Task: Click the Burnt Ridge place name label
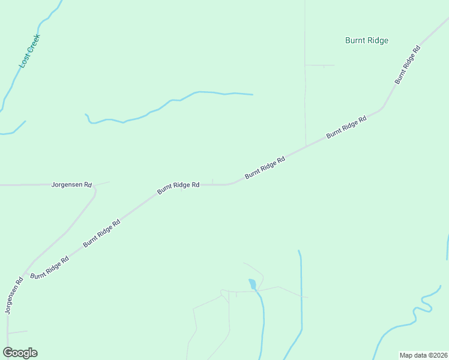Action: pos(367,41)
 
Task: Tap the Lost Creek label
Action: pos(29,50)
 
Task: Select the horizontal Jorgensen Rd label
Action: pos(71,185)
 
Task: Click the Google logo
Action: pos(20,353)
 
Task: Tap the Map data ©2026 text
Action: pos(423,355)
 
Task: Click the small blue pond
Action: pos(253,283)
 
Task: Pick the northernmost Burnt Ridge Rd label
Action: pos(407,64)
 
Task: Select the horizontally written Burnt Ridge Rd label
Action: pos(178,185)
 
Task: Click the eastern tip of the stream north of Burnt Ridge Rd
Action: pos(252,94)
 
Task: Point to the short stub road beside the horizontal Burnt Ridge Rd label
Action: pos(212,181)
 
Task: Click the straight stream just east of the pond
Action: pos(301,288)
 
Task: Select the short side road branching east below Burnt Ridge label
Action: pos(319,65)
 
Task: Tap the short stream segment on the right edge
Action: pos(447,246)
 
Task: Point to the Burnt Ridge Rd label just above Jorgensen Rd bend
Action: pos(102,233)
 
